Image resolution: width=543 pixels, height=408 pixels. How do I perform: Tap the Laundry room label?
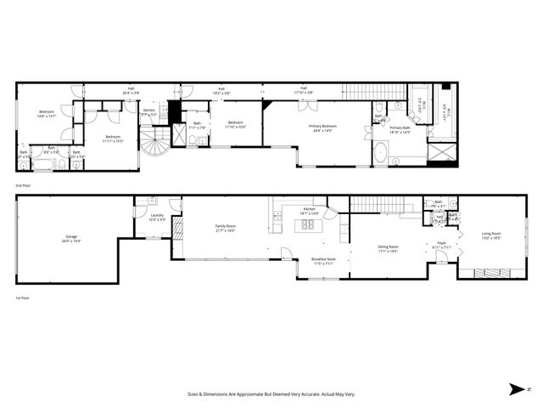[157, 217]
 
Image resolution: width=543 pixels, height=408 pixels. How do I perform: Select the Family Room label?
[225, 228]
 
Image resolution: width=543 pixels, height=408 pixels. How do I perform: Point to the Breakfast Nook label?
[324, 262]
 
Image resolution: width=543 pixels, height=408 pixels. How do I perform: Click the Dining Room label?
[389, 248]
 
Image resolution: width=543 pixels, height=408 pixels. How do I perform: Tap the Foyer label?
[441, 245]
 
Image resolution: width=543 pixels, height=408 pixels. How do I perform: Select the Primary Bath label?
[400, 129]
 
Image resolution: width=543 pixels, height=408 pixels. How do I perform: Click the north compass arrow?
[517, 389]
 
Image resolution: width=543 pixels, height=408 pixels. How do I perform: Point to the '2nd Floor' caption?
[23, 184]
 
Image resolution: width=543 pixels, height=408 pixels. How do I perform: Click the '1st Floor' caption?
[22, 298]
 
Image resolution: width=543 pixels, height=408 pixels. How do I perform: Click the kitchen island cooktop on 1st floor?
[305, 225]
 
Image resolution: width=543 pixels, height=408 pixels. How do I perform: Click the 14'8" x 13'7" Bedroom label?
[46, 114]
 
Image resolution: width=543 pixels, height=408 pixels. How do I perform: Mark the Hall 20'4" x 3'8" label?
[132, 90]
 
